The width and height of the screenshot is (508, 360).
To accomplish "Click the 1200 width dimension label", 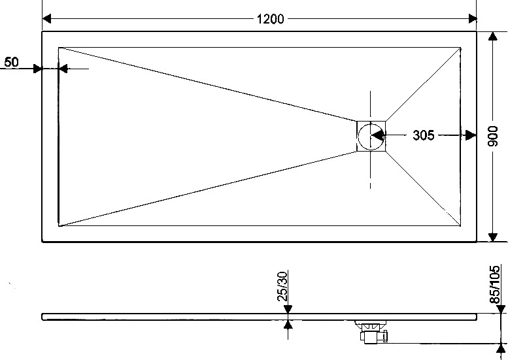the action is [x=270, y=19].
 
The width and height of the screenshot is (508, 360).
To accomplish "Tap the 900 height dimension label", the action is [x=493, y=136].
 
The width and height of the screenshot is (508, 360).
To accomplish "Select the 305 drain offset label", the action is [x=424, y=135].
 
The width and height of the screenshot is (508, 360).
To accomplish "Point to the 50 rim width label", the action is [x=12, y=62].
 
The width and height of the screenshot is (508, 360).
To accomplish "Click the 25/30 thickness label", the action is [x=282, y=286].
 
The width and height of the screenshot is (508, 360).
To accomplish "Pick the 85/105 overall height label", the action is [x=495, y=285].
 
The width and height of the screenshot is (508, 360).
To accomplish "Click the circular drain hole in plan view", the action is [x=371, y=137].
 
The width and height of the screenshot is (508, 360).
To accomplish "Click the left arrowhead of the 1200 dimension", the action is [x=46, y=19].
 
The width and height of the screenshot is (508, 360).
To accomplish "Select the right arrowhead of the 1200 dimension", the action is [x=472, y=19].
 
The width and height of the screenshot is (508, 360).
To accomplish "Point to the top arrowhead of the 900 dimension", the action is [x=493, y=36].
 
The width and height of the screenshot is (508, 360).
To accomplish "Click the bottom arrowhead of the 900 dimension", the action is [x=493, y=237].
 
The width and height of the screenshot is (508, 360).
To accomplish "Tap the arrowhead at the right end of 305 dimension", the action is [x=471, y=135].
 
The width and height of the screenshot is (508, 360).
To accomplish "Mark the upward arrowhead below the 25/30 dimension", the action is [x=288, y=325].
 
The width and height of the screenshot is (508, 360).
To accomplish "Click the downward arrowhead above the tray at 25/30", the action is [x=288, y=309].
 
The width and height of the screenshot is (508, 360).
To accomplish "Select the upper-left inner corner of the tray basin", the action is [x=59, y=48].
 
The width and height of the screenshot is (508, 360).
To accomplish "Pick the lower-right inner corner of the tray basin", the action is [x=461, y=225].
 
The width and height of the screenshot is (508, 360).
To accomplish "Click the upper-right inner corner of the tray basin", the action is [x=461, y=48].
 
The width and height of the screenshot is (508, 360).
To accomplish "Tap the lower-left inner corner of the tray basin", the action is [x=59, y=226].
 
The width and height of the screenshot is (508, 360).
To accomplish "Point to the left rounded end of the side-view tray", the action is [x=42, y=317].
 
